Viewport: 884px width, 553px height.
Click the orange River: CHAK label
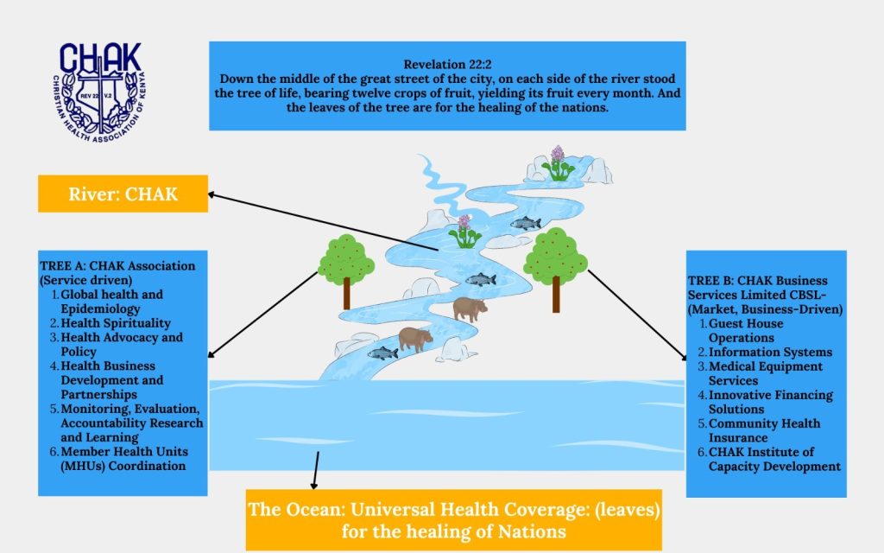123,194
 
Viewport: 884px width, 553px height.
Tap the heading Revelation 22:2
448,64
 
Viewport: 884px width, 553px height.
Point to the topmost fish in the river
526,224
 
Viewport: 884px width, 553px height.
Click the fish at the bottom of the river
382,353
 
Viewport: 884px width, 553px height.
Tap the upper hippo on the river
470,308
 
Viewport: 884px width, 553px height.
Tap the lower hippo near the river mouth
415,339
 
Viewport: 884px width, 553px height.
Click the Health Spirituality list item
116,323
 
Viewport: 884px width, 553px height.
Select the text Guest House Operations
745,331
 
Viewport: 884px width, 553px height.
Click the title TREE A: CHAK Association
117,266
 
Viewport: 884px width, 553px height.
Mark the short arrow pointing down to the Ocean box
316,470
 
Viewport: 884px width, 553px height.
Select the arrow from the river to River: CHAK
323,222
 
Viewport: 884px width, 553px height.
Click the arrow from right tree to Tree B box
638,315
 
